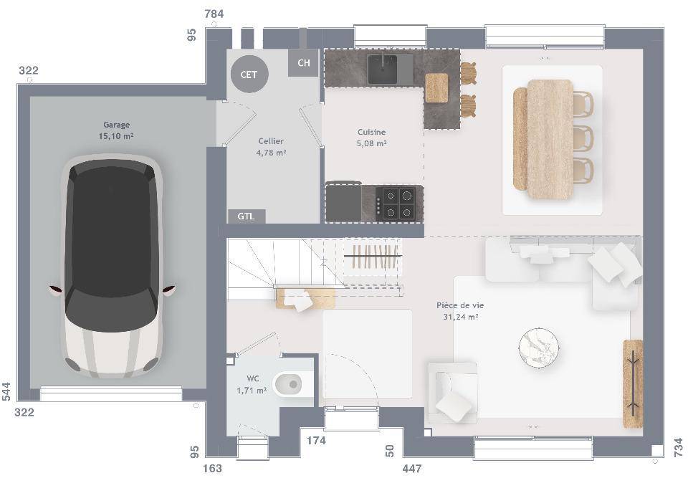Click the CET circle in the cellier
click(x=249, y=75)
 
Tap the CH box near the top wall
click(x=303, y=63)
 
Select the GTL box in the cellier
click(x=247, y=216)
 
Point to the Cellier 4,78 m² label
click(x=271, y=147)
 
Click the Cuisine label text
click(x=372, y=132)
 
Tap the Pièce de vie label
click(x=460, y=305)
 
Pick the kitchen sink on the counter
click(x=383, y=69)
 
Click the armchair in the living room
click(x=453, y=393)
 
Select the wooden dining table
click(x=550, y=139)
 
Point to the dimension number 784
click(x=214, y=14)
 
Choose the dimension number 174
click(x=316, y=440)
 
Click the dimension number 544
click(x=6, y=391)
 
